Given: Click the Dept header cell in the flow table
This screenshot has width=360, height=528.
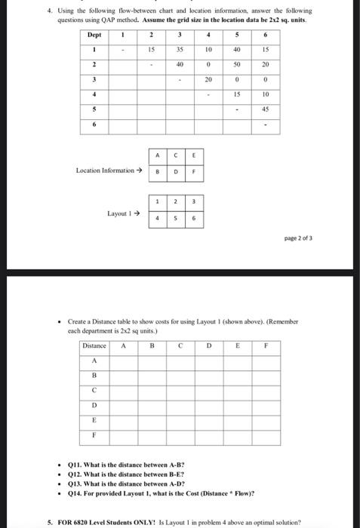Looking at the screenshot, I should pos(94,35).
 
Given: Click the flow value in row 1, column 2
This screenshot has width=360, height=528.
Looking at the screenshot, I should pos(152,51).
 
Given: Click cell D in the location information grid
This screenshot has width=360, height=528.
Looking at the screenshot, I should pos(176,171).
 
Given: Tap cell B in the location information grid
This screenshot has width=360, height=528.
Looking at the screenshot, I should pos(157,171).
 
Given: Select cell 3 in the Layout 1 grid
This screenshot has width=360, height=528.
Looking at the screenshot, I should pos(193,201).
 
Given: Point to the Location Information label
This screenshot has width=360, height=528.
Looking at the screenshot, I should pos(108,170).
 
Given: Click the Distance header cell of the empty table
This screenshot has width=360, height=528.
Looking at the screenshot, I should pos(95,345).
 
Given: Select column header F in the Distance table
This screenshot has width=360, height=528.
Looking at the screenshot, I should pos(265,345).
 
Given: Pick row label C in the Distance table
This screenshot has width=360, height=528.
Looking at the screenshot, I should pos(95,389).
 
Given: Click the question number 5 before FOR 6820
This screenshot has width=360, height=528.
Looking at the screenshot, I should pos(49,521).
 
